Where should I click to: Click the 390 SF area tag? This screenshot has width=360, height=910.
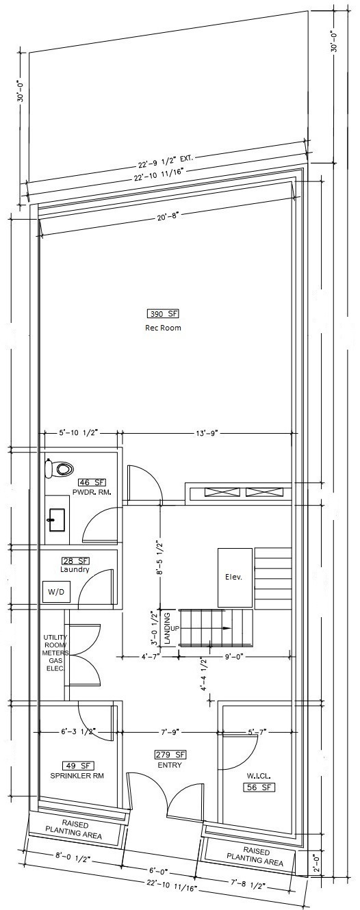click(163, 313)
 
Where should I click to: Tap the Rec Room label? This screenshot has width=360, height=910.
click(163, 328)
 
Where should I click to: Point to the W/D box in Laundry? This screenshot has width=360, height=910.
click(57, 592)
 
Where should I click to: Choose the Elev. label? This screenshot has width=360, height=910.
click(233, 577)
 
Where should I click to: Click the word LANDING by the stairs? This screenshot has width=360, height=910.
click(168, 629)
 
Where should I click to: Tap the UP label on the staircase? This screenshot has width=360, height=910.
click(175, 628)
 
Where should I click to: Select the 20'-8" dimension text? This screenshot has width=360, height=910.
click(168, 216)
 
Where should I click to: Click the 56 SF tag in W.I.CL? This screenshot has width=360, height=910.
click(259, 788)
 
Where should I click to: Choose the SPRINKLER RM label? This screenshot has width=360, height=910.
click(77, 775)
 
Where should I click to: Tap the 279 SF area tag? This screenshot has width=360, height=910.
click(170, 755)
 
